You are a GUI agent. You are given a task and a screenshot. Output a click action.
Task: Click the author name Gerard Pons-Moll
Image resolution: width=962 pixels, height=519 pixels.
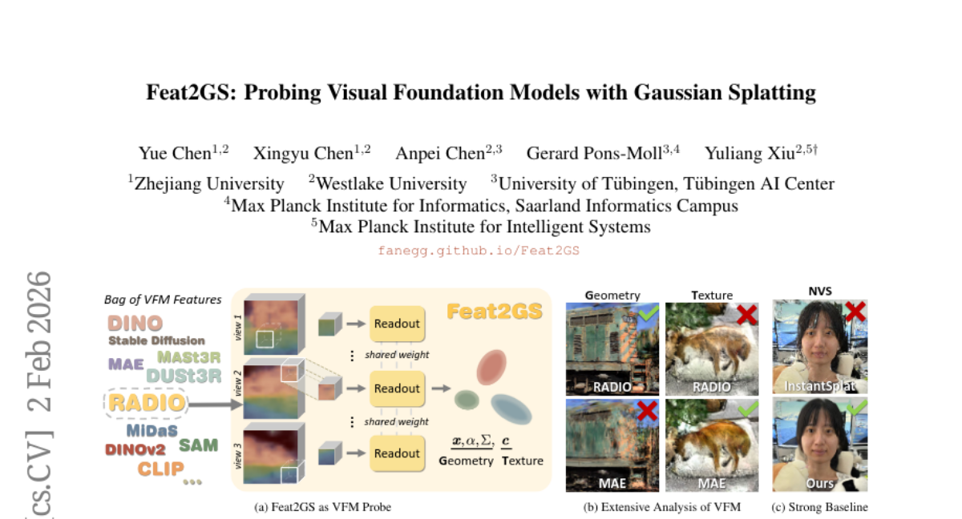(594, 154)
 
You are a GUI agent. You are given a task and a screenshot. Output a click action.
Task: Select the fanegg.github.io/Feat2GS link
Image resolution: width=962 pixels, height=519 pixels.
(479, 251)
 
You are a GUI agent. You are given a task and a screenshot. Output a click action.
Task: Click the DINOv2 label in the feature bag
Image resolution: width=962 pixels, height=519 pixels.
(135, 449)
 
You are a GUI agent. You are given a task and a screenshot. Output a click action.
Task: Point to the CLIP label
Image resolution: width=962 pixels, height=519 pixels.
(160, 469)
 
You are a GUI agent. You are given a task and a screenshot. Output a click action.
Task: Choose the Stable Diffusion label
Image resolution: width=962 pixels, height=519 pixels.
(157, 340)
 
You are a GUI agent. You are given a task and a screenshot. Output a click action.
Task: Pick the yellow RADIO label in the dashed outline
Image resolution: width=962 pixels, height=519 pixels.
(147, 403)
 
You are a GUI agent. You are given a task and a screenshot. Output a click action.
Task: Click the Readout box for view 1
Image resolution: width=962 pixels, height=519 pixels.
(398, 324)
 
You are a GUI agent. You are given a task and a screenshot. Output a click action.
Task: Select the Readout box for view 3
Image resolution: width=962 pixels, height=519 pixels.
(398, 453)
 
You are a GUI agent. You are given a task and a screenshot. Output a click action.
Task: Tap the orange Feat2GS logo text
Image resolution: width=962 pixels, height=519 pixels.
(495, 312)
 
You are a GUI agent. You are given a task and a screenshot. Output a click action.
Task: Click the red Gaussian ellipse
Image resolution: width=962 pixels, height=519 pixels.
(491, 367)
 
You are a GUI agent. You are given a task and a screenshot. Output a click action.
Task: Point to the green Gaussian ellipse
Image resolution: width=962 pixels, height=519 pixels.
(467, 400)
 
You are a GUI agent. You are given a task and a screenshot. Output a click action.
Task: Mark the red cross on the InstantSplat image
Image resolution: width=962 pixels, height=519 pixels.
(855, 311)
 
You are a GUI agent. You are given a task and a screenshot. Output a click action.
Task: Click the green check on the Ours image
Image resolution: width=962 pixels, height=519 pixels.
(857, 407)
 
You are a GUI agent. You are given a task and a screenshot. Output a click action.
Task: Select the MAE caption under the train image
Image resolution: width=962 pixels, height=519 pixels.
(612, 484)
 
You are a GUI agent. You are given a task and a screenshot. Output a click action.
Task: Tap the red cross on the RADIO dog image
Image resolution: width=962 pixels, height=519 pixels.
(747, 315)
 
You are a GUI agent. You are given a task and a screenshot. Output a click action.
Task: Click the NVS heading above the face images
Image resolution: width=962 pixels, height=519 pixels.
(820, 292)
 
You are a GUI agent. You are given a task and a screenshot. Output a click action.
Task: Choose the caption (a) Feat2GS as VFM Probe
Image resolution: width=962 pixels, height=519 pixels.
(322, 507)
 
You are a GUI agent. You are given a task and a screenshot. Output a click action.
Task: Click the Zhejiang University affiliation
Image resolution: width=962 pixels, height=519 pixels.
(206, 183)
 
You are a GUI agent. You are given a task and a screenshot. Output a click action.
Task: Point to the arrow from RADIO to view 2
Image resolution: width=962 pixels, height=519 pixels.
(215, 404)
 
